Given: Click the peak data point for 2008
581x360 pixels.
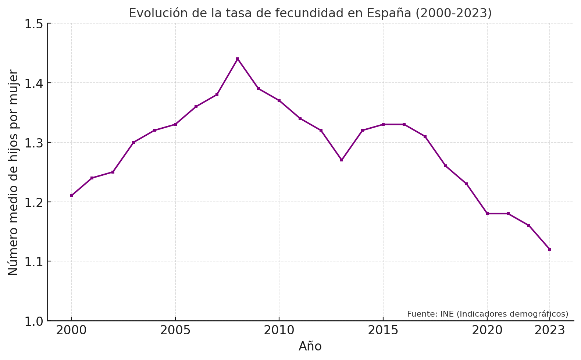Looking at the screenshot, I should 238,59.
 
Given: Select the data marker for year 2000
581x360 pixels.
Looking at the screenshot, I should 71,196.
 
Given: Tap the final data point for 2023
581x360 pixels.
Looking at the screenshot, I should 550,249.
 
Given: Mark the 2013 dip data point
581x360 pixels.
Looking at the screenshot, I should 342,160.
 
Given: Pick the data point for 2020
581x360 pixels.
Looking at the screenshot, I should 487,214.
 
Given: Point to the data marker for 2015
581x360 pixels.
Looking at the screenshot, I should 383,124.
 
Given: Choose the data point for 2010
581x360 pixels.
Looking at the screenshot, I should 279,101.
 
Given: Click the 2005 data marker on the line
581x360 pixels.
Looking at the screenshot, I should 175,124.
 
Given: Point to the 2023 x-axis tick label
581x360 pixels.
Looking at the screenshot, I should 550,331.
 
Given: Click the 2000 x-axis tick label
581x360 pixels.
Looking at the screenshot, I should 71,331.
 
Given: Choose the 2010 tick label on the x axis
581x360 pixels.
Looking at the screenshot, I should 279,331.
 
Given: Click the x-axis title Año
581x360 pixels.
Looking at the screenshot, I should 310,346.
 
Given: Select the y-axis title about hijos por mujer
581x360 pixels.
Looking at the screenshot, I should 13,172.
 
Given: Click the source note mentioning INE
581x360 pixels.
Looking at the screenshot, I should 488,314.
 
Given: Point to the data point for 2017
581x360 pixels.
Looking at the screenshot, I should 425,136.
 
